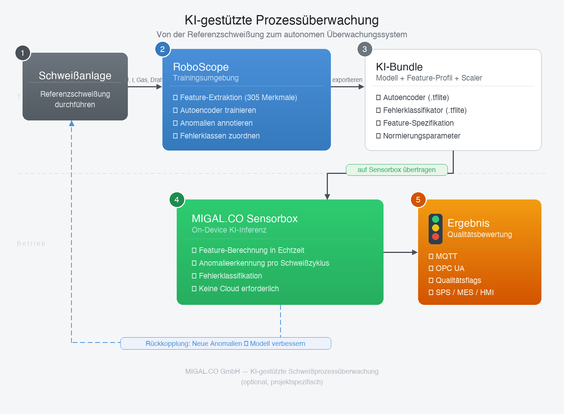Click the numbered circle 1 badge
click(x=23, y=53)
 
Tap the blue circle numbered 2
click(x=162, y=49)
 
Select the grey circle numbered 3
click(x=365, y=49)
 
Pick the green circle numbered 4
click(x=177, y=199)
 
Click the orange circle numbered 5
click(x=418, y=199)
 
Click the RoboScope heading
click(x=201, y=67)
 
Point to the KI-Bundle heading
click(x=399, y=67)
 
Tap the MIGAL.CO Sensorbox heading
click(x=244, y=219)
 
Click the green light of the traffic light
click(x=435, y=219)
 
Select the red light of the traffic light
click(x=435, y=236)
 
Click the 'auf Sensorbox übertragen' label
click(x=396, y=170)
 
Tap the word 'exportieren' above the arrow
click(x=347, y=80)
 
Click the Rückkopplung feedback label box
click(x=226, y=344)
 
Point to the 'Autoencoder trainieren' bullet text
click(x=218, y=110)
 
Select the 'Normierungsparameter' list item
click(x=421, y=136)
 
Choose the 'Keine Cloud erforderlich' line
click(x=239, y=289)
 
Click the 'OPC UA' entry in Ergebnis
click(x=450, y=268)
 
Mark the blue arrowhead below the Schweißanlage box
click(x=71, y=123)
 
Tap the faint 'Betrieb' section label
click(x=31, y=244)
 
